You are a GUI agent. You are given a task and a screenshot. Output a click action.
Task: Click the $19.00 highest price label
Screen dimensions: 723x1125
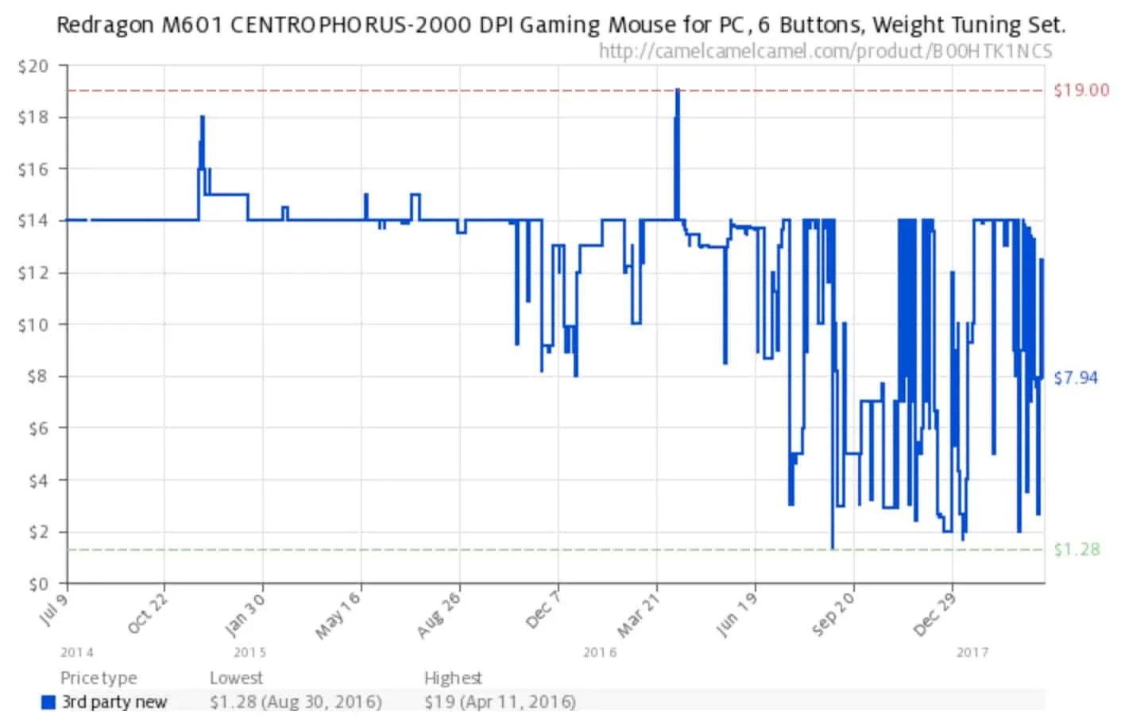pos(1081,90)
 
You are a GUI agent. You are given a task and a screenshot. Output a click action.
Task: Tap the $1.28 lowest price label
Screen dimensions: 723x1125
pos(1077,549)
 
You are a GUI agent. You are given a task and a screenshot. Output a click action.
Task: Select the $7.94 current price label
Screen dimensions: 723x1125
pos(1075,377)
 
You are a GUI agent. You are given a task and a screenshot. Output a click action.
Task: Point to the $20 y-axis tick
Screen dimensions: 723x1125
pos(33,66)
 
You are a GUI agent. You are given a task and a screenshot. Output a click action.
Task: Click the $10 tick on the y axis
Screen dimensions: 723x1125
pos(33,325)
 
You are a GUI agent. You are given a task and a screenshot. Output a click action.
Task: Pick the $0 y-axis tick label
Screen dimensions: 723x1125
pos(37,584)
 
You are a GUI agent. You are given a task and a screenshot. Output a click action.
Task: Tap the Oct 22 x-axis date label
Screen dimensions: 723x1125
pos(149,614)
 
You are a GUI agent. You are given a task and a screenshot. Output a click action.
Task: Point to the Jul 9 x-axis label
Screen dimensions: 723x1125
pos(55,608)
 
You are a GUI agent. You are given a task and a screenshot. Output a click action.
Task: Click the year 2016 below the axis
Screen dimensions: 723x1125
pos(600,652)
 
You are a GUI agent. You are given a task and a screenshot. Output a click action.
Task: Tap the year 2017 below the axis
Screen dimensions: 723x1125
pos(972,652)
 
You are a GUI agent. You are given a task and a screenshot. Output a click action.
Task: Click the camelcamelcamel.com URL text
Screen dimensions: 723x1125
pos(825,52)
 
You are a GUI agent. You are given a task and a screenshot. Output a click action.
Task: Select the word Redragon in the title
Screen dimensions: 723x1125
pos(106,25)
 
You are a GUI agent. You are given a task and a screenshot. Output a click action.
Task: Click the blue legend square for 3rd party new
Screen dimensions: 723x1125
pos(49,702)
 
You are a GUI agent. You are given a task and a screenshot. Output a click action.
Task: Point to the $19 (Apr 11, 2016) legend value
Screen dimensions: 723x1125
pos(500,702)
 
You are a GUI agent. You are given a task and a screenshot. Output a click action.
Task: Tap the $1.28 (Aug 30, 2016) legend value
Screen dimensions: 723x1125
pos(296,702)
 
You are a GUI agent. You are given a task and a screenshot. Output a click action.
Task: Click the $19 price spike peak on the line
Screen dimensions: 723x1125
pos(677,91)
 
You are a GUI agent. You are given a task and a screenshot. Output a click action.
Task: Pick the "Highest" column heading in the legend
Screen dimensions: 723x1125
pos(453,678)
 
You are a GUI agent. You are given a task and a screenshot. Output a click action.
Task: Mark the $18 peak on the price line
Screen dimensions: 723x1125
pos(203,118)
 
